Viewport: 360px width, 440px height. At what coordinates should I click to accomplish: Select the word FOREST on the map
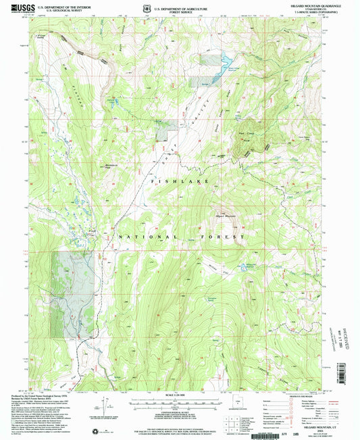(x=226, y=238)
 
